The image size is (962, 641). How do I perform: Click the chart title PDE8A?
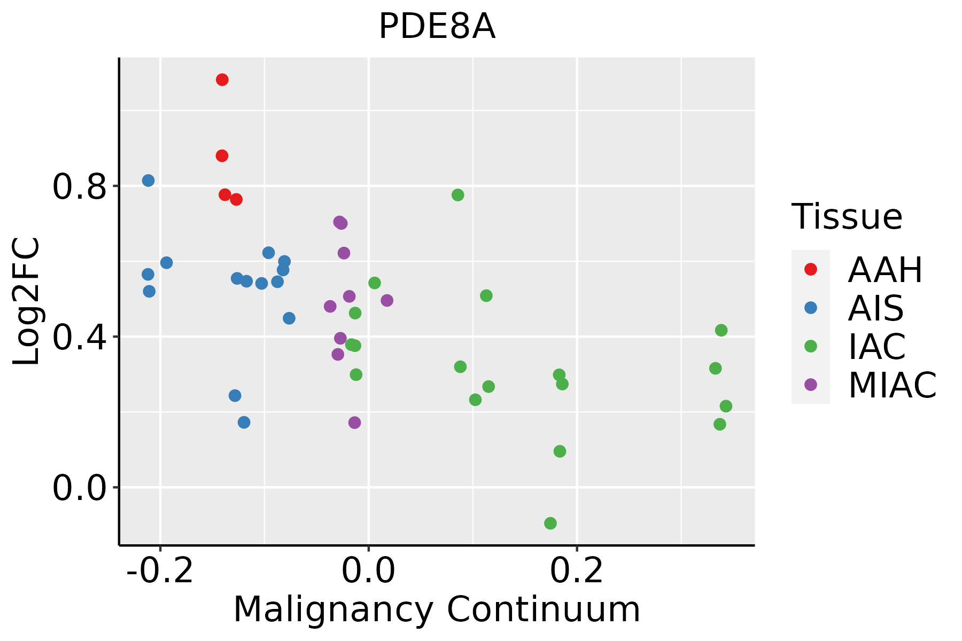point(437,27)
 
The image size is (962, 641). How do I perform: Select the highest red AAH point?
point(222,80)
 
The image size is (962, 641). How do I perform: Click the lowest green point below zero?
point(550,523)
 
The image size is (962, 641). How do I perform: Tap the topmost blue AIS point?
point(148,181)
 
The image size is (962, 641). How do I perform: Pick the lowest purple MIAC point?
point(354,423)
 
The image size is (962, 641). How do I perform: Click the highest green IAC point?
point(457,195)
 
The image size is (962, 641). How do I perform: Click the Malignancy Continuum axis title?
point(437,610)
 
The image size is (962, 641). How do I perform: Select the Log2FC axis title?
point(27,301)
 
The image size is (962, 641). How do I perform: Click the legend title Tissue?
point(847,217)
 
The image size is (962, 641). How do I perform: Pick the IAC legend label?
point(877,347)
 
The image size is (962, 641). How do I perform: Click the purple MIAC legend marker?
point(811,385)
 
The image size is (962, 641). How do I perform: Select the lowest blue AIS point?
point(244,423)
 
